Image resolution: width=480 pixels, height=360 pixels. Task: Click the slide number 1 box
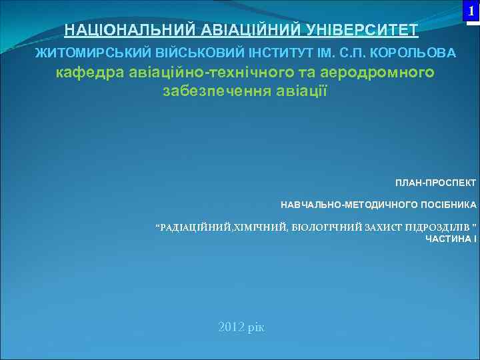pyautogui.click(x=472, y=12)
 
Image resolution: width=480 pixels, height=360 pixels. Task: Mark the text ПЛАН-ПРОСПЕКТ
pyautogui.click(x=435, y=182)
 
